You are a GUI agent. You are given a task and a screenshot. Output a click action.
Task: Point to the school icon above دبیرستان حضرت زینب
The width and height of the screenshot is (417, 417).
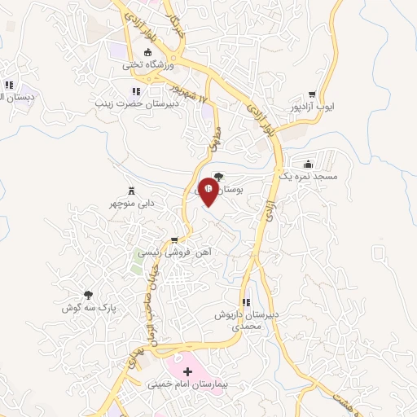(x=137, y=91)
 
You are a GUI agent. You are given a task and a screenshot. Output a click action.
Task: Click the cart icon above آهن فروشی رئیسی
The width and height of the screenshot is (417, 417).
(x=173, y=240)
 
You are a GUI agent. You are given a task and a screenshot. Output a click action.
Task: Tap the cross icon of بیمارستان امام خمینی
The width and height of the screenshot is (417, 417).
(x=187, y=371)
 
